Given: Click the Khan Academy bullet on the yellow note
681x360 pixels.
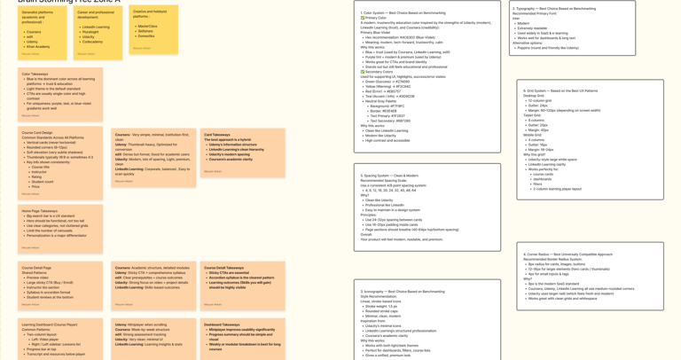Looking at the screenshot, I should [x=38, y=46].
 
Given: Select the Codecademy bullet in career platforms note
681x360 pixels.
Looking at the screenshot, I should [x=92, y=42].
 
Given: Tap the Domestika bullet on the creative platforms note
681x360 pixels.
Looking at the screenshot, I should [x=147, y=36].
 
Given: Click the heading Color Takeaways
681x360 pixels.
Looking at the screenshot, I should [x=35, y=74].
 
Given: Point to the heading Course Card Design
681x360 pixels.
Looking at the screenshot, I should [x=37, y=132].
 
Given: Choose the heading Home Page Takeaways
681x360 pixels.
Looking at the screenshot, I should [x=40, y=211].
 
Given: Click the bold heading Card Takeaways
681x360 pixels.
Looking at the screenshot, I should [x=217, y=135].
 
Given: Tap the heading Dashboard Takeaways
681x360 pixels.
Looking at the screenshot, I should [x=222, y=325].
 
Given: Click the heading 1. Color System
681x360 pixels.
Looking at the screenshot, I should [x=378, y=12].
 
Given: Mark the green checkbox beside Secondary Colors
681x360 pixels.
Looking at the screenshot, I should [x=363, y=72].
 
